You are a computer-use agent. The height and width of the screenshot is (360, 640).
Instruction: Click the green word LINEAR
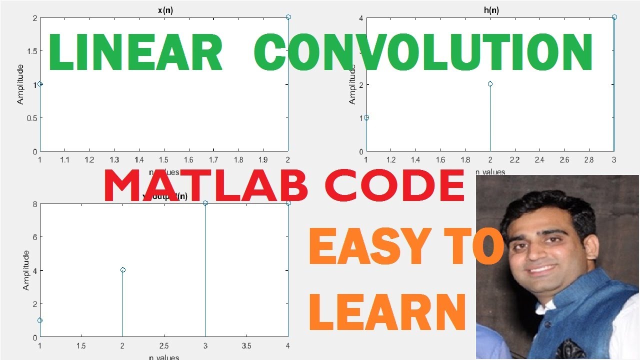(x=135, y=53)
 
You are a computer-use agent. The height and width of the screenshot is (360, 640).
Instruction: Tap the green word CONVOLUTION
(x=423, y=53)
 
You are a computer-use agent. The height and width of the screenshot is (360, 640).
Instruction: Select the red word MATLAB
(x=205, y=186)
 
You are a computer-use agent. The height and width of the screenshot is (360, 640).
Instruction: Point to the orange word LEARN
(x=387, y=312)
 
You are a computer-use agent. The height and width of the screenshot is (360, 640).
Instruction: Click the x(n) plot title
(x=164, y=10)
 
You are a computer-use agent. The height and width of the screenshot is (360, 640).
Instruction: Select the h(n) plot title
(x=490, y=10)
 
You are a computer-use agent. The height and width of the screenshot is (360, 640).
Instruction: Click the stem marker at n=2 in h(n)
(x=490, y=84)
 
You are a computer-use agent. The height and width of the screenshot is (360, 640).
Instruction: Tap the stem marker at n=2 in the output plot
(x=122, y=270)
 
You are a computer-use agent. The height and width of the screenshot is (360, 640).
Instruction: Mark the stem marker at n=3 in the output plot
(x=205, y=203)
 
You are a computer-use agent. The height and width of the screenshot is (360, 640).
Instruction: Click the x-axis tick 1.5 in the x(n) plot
(x=164, y=160)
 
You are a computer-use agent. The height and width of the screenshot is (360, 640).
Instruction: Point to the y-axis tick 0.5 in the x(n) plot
(x=31, y=118)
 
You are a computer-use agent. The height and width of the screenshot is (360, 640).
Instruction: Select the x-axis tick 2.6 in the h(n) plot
(x=564, y=160)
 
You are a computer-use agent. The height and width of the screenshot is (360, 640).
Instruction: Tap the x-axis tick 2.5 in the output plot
(x=164, y=346)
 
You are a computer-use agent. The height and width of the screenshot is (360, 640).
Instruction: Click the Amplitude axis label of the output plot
(x=25, y=270)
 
